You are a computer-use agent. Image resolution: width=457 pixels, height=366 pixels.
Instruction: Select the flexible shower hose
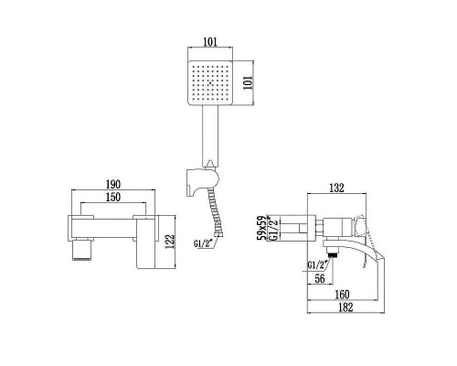coord(217,214)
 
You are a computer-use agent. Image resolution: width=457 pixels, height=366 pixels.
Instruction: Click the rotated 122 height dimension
coord(168,241)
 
